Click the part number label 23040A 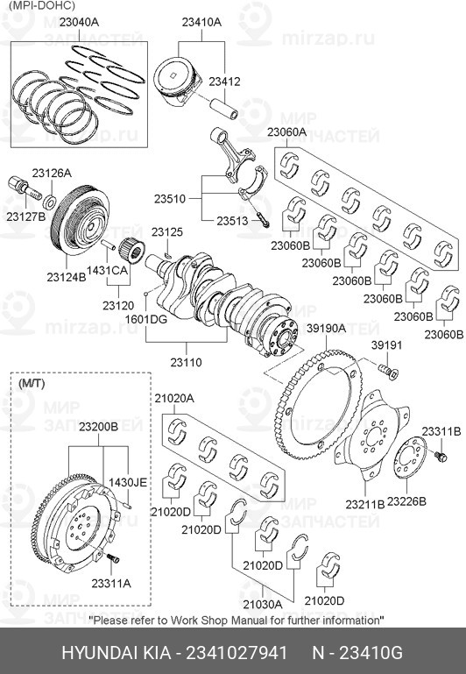tap(79, 22)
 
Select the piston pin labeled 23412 tap(223, 109)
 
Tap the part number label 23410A tap(201, 22)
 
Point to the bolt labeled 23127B tap(24, 189)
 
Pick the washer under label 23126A tap(50, 201)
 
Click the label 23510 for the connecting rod tap(170, 199)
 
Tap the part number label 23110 tap(186, 362)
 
